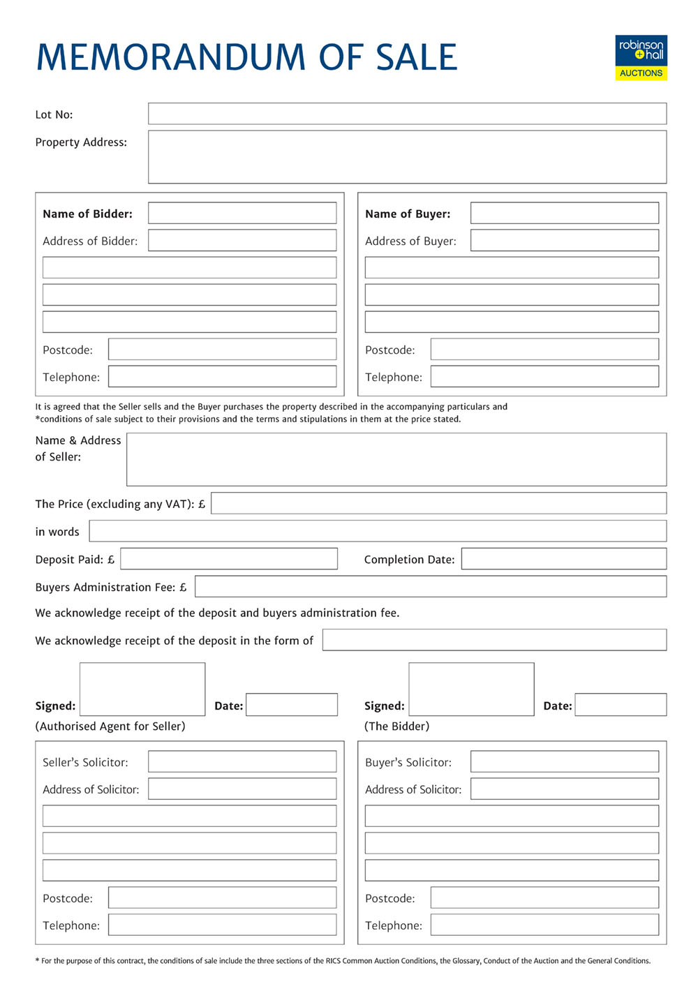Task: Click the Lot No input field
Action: [407, 114]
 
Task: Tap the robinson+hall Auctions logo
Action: [641, 58]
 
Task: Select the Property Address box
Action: [407, 157]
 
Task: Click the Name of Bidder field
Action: [242, 213]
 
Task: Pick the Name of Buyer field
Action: [564, 213]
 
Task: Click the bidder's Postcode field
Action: [222, 349]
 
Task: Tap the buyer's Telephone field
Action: [544, 376]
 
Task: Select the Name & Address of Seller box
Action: [396, 459]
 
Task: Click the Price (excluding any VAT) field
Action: [438, 503]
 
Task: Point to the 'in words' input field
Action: [378, 530]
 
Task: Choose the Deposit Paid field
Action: [229, 558]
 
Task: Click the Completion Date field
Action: [563, 558]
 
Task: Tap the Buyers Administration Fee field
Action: [430, 586]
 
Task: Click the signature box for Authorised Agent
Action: [142, 689]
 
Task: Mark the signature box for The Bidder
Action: [471, 689]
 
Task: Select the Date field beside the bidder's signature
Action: [621, 705]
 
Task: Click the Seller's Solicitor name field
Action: [242, 761]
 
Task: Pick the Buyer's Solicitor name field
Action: [564, 761]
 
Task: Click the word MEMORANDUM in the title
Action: [171, 57]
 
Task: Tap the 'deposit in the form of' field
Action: [494, 640]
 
